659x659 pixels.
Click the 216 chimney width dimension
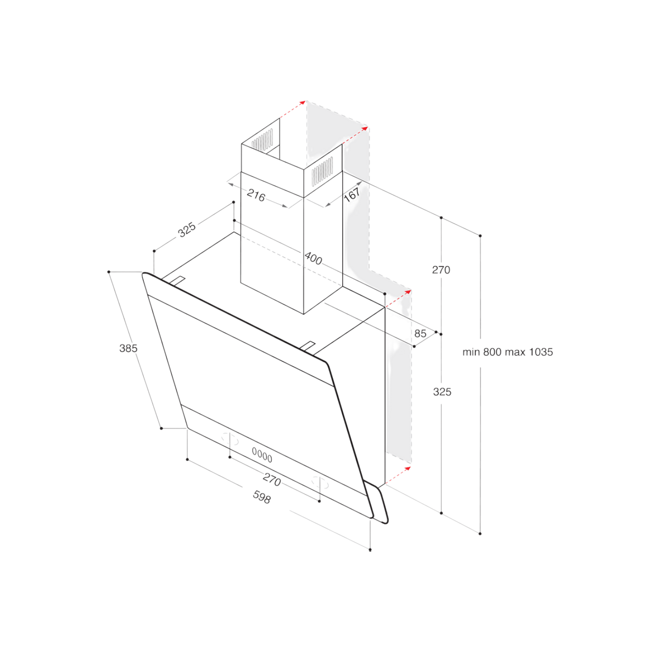point(256,196)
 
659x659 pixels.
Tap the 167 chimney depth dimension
point(352,194)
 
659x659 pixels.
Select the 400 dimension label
point(313,259)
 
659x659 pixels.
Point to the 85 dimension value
point(420,333)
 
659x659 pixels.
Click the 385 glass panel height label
point(129,348)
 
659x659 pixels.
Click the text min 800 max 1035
point(507,352)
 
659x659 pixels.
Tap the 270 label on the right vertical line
point(441,270)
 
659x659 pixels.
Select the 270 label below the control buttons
point(272,479)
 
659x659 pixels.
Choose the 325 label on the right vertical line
point(442,392)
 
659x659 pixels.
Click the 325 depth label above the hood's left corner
point(187,230)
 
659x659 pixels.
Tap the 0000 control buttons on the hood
point(262,455)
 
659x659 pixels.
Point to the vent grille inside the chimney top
point(263,139)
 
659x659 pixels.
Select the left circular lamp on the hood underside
point(230,439)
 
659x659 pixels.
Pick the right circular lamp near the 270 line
point(320,483)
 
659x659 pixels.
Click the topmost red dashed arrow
point(293,109)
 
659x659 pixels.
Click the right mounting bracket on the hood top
point(308,347)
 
